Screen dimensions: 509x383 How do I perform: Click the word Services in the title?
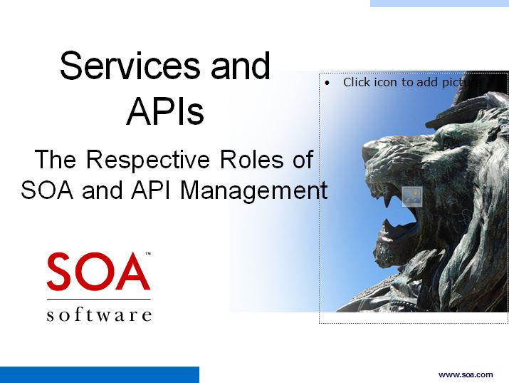click(x=130, y=66)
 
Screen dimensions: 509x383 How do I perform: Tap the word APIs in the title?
click(x=165, y=111)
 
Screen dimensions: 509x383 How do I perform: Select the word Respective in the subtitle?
click(x=148, y=160)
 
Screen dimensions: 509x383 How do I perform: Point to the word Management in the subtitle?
click(x=253, y=191)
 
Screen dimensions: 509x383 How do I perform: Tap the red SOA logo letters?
click(x=98, y=272)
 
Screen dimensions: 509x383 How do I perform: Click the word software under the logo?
click(x=99, y=315)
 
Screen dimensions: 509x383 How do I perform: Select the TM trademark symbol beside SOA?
click(x=147, y=254)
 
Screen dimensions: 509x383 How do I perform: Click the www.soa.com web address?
click(x=466, y=374)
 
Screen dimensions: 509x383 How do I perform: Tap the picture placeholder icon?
click(x=412, y=197)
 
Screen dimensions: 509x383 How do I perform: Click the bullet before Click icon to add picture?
click(x=327, y=83)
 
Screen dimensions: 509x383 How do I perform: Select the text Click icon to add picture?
click(x=412, y=82)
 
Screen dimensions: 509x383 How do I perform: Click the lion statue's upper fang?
click(x=387, y=200)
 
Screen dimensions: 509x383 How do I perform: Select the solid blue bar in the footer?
click(x=100, y=375)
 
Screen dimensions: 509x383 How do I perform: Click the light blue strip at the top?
click(x=439, y=4)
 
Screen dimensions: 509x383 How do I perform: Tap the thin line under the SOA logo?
click(x=99, y=299)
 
